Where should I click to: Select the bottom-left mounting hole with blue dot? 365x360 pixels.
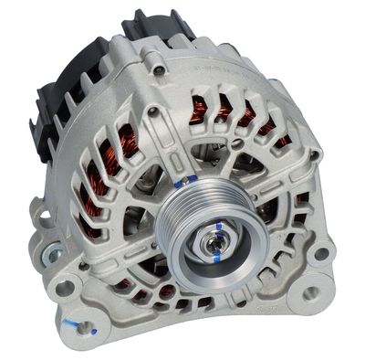[x=85, y=322]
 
